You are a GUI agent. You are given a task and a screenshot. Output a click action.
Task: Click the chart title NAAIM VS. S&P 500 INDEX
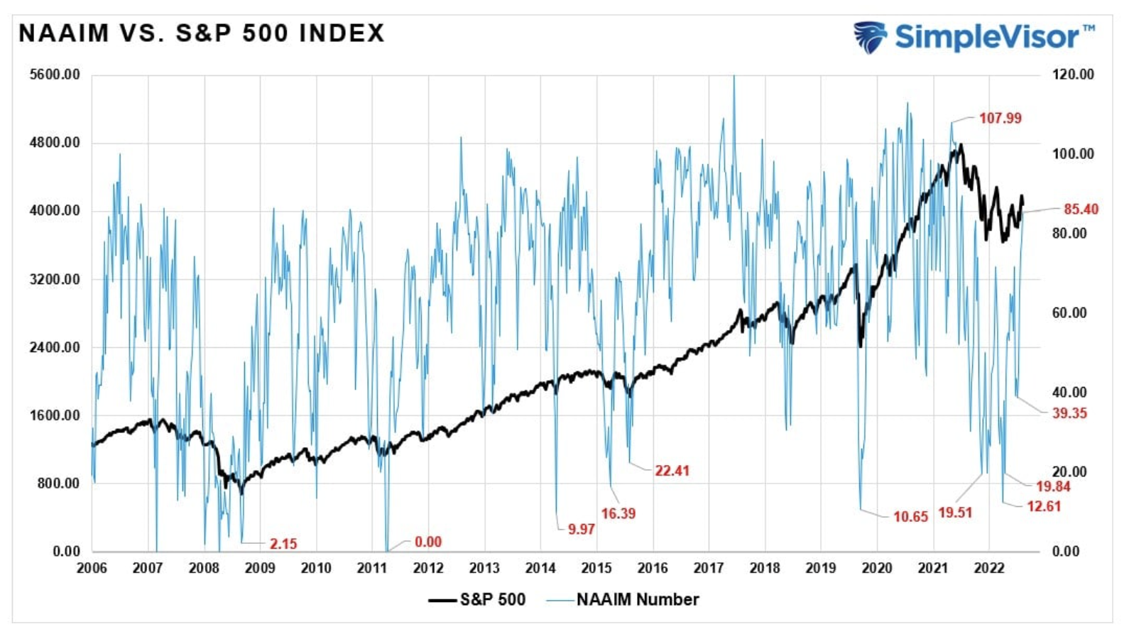click(x=202, y=33)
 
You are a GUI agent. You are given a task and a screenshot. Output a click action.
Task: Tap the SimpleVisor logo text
click(x=987, y=36)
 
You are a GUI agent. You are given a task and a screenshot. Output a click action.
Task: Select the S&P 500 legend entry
click(x=492, y=600)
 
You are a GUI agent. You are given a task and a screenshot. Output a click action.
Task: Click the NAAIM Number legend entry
click(x=637, y=600)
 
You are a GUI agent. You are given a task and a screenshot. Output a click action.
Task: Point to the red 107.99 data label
click(x=1000, y=119)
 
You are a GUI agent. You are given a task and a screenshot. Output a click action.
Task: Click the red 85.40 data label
click(x=1081, y=209)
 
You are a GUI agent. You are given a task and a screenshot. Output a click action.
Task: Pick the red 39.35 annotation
click(x=1069, y=413)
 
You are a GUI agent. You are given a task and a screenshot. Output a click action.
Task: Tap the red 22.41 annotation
click(x=672, y=471)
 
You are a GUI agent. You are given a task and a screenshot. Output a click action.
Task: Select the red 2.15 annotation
click(x=283, y=544)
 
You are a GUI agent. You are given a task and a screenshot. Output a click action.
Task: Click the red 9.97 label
click(x=581, y=529)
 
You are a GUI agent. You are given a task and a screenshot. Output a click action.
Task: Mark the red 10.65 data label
click(x=910, y=517)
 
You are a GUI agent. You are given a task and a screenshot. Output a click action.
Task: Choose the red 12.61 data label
click(x=1043, y=506)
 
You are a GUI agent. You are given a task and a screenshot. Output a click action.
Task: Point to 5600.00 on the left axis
click(x=55, y=75)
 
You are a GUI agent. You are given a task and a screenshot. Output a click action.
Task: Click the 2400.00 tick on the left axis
click(x=55, y=347)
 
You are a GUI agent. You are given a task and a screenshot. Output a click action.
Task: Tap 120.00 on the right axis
click(x=1073, y=75)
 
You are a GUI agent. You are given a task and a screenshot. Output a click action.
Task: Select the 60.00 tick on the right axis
click(x=1069, y=313)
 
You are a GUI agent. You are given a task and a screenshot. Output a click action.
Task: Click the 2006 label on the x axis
click(x=92, y=568)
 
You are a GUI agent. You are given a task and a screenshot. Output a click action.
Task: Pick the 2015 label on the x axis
click(x=596, y=568)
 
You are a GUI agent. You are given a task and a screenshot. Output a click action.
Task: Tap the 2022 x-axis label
click(x=988, y=568)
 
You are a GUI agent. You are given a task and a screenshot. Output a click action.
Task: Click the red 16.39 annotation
click(x=618, y=513)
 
